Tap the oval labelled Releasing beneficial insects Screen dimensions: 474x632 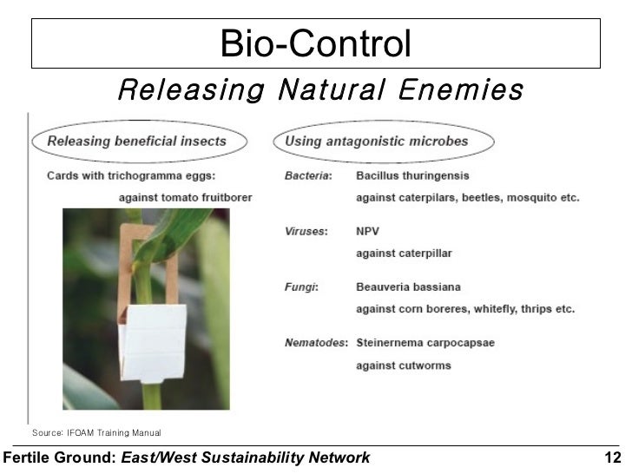(x=136, y=141)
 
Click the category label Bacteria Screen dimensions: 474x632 (x=308, y=175)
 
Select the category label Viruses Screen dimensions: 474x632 (x=306, y=232)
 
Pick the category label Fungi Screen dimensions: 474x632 (x=300, y=286)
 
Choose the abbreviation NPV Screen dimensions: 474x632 (x=367, y=232)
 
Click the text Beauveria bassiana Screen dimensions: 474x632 (x=408, y=286)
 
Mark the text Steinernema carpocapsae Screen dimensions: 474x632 (x=425, y=343)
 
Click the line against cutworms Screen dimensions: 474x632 (x=403, y=365)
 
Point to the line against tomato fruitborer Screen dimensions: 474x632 (x=185, y=197)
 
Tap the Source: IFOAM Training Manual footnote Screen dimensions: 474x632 (x=95, y=431)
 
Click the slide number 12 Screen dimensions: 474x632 (x=612, y=458)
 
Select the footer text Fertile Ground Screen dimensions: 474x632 (x=57, y=458)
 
